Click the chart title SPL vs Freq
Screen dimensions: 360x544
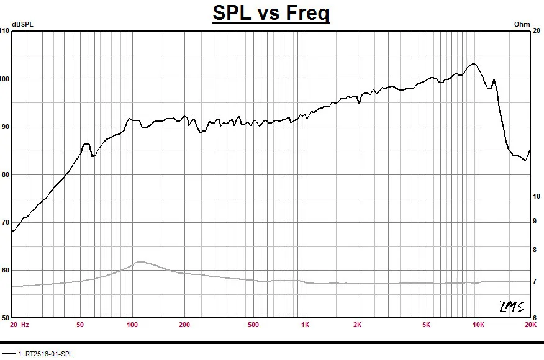click(x=271, y=13)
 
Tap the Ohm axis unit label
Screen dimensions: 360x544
click(x=522, y=24)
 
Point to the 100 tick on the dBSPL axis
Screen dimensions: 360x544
click(x=6, y=79)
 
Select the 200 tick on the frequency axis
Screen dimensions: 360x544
click(x=184, y=325)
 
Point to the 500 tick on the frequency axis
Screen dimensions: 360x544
click(x=253, y=325)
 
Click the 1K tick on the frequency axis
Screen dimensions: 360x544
click(x=305, y=325)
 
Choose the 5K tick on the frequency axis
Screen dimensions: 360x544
click(x=426, y=325)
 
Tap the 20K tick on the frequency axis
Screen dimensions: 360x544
click(x=530, y=325)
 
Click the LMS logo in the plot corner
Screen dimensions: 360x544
click(x=511, y=307)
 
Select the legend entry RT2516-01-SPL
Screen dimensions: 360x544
click(x=47, y=354)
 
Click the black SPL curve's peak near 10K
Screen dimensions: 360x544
click(x=474, y=63)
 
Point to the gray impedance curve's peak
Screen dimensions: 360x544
click(x=140, y=262)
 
